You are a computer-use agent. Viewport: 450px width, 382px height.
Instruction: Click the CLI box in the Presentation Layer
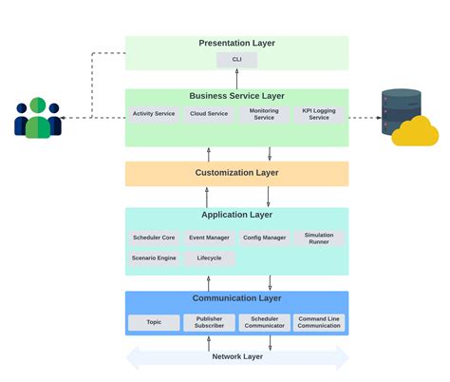point(236,60)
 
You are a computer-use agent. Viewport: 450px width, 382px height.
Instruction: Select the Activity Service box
point(154,114)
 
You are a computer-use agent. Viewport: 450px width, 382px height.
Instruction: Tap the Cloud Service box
point(209,114)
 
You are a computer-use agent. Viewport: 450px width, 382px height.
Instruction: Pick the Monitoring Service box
point(264,114)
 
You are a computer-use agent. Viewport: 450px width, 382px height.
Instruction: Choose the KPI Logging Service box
point(319,114)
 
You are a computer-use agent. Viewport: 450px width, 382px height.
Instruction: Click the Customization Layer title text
point(236,173)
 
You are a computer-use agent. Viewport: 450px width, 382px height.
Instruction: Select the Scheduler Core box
point(154,239)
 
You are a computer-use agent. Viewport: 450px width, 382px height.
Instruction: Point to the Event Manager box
point(209,239)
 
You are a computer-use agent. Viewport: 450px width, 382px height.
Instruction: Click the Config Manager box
point(264,239)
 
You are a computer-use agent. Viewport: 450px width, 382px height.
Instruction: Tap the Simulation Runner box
point(319,239)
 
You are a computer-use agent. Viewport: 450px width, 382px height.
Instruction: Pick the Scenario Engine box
point(154,258)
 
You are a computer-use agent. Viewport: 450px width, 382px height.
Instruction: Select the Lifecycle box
point(209,258)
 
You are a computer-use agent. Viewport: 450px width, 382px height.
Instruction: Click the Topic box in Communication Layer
point(154,322)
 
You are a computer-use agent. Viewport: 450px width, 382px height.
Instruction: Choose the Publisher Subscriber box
point(209,322)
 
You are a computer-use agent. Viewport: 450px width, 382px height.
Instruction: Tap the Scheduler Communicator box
point(264,322)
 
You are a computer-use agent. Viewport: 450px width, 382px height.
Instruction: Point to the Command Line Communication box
point(319,322)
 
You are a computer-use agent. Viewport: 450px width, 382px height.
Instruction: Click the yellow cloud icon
point(415,132)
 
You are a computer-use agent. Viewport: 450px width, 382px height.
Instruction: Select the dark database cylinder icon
point(399,107)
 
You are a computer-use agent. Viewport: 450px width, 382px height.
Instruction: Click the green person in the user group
point(38,119)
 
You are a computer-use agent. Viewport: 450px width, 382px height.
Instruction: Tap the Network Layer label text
point(236,357)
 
